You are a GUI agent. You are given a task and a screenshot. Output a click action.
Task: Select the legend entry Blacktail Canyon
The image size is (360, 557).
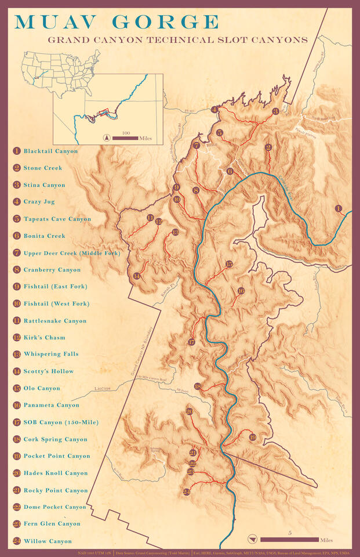pos(50,151)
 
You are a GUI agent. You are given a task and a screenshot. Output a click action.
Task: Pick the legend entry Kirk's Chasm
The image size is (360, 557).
pos(44,338)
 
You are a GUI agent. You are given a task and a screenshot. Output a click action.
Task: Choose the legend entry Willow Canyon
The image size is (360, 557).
pos(48,541)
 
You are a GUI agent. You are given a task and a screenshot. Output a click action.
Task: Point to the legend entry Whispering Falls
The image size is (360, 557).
pos(51,354)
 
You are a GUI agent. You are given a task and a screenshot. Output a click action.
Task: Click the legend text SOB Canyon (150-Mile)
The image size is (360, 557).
pos(60,422)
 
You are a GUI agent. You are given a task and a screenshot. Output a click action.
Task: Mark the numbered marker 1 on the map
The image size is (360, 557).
pos(339,208)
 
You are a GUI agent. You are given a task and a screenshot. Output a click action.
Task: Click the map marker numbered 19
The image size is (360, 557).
pos(252,437)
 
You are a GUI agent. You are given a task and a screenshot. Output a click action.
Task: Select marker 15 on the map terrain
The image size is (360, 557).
pos(229,264)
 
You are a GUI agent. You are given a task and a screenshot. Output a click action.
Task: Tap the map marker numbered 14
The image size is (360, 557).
pos(137,276)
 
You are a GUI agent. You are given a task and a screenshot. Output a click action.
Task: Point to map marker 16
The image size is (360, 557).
pos(241,291)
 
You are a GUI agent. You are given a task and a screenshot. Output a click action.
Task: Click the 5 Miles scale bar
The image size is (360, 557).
pos(289,540)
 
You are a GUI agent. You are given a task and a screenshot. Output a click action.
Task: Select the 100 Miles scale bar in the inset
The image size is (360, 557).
pos(125,138)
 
